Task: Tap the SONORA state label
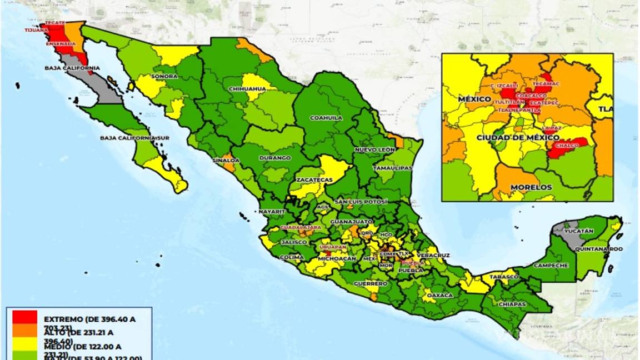(x=164, y=76)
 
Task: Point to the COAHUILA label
(x=326, y=118)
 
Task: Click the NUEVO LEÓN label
(x=375, y=150)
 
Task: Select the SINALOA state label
(x=226, y=160)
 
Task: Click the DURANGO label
(x=275, y=158)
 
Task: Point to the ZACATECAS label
(x=314, y=180)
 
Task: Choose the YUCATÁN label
(x=579, y=231)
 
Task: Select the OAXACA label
(x=441, y=294)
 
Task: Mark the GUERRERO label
(x=371, y=283)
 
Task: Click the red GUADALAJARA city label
(x=301, y=228)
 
